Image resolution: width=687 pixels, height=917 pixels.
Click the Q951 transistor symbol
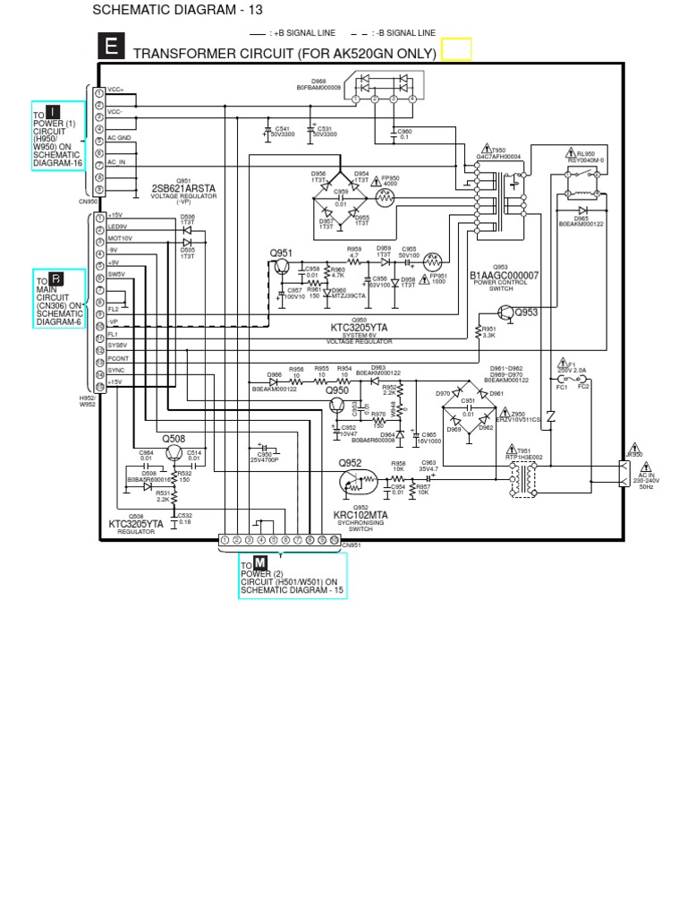[283, 266]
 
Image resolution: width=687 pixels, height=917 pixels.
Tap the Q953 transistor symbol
[506, 312]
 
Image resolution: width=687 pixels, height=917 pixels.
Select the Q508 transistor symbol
[174, 451]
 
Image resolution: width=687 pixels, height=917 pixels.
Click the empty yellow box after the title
[455, 49]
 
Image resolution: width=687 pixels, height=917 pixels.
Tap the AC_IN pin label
[117, 162]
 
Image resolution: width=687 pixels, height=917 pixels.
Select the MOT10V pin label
[120, 238]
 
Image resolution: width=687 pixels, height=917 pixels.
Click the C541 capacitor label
[282, 129]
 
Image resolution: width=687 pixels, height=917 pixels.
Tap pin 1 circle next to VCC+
[99, 91]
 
